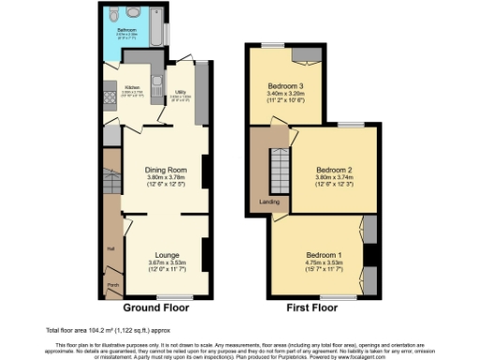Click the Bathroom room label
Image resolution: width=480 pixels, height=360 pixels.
128,29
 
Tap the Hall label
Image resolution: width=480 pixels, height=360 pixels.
110,248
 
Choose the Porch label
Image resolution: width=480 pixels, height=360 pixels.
112,284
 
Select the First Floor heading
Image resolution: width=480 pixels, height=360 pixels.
310,307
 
